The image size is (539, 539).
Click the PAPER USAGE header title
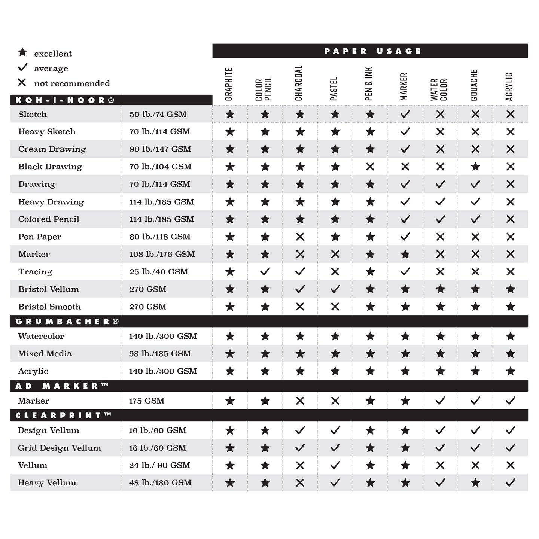pos(372,51)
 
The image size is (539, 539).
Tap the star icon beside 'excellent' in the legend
pos(22,52)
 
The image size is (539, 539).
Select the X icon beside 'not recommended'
pos(22,82)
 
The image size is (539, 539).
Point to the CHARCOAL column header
pos(299,83)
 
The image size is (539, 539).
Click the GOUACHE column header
pos(474,85)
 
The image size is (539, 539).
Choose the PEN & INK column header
pos(369,84)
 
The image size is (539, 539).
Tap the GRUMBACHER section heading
pos(67,322)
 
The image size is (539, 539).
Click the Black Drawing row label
pos(50,167)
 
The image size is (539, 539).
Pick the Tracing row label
pos(35,272)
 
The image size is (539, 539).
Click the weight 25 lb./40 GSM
pos(159,272)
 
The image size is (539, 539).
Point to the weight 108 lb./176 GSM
pos(162,254)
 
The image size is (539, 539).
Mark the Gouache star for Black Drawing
pos(475,167)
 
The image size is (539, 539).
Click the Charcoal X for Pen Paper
pos(300,237)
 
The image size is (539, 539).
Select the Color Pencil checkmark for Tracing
pos(265,271)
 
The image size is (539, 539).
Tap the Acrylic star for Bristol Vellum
pos(510,289)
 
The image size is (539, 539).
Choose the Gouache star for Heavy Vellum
pos(475,483)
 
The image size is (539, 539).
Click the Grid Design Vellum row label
pos(60,448)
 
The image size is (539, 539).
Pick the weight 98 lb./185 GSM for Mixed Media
pos(160,354)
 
